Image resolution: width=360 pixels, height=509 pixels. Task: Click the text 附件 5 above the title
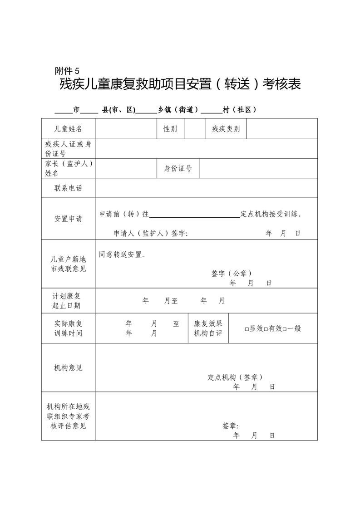click(x=67, y=71)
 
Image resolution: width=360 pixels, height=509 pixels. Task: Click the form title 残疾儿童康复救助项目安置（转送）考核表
click(x=180, y=84)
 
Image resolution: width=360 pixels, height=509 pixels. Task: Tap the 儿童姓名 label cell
click(x=68, y=129)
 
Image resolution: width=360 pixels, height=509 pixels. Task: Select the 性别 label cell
click(x=170, y=129)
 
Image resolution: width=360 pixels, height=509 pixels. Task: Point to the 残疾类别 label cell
click(x=226, y=129)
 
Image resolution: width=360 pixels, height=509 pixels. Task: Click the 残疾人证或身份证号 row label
click(x=68, y=149)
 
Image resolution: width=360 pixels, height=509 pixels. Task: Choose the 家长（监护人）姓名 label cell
click(x=68, y=168)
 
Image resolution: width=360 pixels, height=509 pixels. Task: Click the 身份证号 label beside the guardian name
click(x=178, y=169)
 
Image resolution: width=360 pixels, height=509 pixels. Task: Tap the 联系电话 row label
click(x=68, y=188)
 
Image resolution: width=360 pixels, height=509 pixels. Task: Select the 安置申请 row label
click(x=68, y=219)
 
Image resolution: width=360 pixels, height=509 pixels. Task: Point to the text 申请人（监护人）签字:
click(x=151, y=234)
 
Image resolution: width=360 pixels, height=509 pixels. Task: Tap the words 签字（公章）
click(x=232, y=274)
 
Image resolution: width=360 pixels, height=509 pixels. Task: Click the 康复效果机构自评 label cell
click(x=208, y=328)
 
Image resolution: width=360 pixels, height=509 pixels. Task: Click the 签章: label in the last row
click(x=230, y=426)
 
